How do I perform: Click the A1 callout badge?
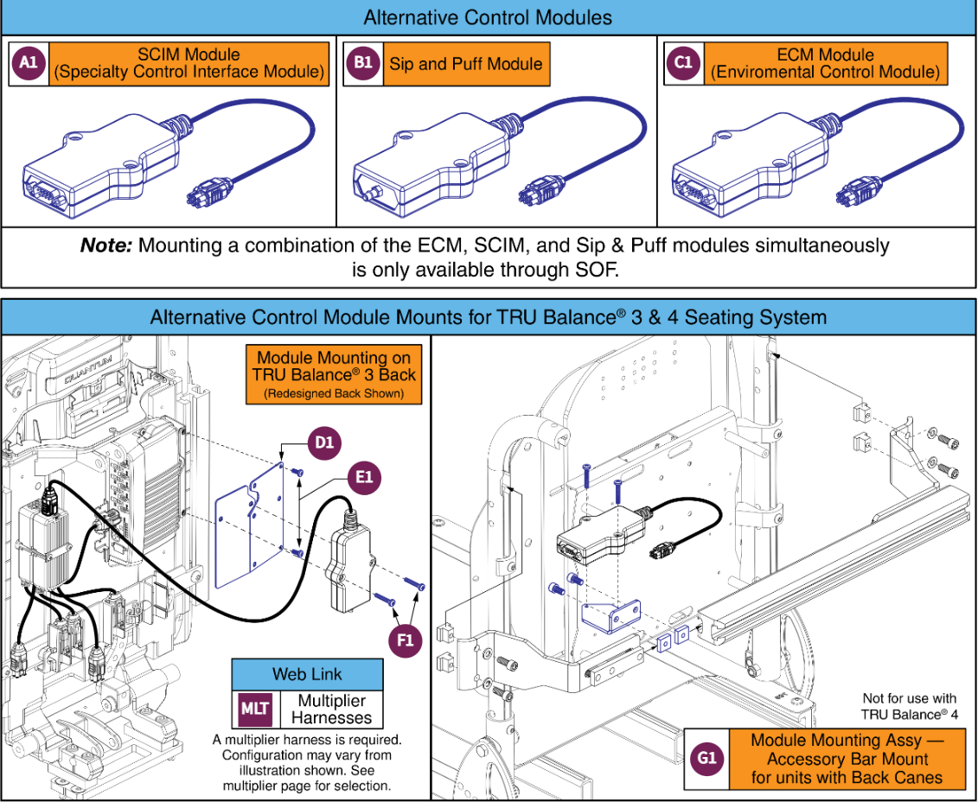point(29,64)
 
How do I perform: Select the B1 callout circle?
point(363,64)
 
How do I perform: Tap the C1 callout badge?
point(684,64)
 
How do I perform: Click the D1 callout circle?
point(323,444)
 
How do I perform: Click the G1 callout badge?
point(706,759)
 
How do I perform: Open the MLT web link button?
point(254,710)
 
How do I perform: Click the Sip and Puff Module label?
point(466,64)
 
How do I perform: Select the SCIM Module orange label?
point(189,64)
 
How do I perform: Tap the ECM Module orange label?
point(825,64)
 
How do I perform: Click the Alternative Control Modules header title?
point(488,17)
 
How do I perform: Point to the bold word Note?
point(105,245)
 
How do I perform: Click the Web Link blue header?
point(307,674)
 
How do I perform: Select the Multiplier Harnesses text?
point(330,710)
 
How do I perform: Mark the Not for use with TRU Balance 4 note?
point(910,706)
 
